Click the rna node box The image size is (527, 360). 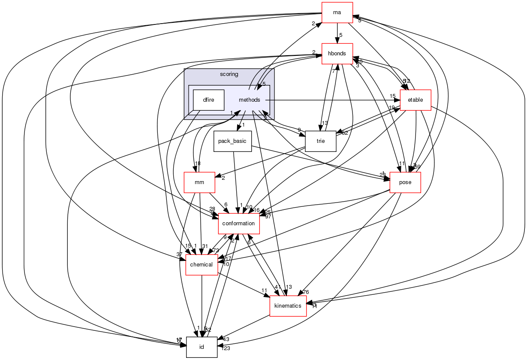[337, 13]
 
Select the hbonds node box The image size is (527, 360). [337, 54]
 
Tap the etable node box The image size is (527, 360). [415, 100]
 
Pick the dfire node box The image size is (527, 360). [208, 100]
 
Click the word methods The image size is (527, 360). [250, 100]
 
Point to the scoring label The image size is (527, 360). [229, 74]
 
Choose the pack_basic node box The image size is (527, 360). [232, 141]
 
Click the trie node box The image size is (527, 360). [320, 141]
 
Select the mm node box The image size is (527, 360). [199, 182]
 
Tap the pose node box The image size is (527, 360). [405, 182]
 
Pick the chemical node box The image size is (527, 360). [201, 265]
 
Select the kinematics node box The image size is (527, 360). [288, 306]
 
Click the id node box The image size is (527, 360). [201, 347]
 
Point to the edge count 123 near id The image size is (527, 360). [226, 348]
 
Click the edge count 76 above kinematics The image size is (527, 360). [305, 292]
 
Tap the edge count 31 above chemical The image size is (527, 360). [205, 246]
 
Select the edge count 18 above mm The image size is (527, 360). [198, 163]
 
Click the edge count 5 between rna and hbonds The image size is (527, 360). [340, 35]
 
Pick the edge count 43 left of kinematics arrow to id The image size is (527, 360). [226, 339]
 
